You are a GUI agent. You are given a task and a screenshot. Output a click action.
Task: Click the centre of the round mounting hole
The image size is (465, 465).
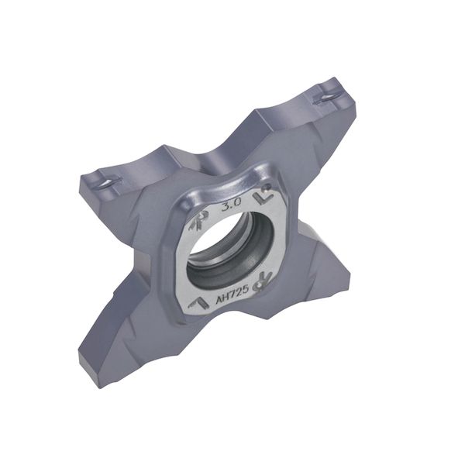tap(231, 250)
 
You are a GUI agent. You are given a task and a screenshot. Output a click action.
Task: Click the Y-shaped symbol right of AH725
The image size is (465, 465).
tap(262, 283)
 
